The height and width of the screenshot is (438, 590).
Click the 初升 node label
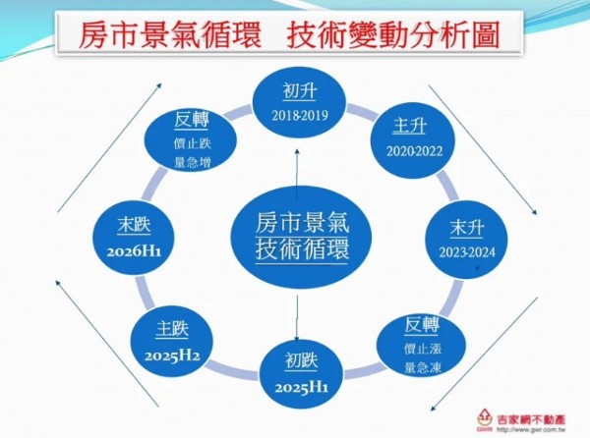coord(300,91)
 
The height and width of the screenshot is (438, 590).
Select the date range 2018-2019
coord(300,115)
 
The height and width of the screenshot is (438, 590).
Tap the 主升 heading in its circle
coord(409,126)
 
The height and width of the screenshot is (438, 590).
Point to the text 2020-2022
coord(414,151)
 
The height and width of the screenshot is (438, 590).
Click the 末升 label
coord(466,228)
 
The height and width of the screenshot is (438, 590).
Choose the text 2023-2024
coord(467,252)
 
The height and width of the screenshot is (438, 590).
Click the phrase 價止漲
coord(423,349)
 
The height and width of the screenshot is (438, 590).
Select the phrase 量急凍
coord(423,367)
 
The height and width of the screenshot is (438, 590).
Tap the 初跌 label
coord(302,361)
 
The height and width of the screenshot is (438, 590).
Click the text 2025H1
coord(302,387)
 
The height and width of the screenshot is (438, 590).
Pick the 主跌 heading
coord(172,329)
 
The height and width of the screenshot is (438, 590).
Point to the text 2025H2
coord(172,356)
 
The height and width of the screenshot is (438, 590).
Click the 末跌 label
coord(134,226)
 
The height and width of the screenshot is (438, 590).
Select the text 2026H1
coord(134,251)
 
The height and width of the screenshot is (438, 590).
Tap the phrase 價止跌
coord(193,143)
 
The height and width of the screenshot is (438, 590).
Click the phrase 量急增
coord(193,163)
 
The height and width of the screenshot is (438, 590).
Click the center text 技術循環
coord(302,248)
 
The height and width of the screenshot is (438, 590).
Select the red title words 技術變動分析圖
coord(393,35)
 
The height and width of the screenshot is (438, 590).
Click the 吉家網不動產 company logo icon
coord(485,420)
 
